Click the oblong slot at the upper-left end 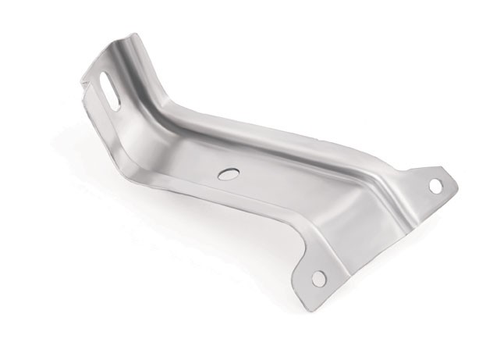tap(110, 91)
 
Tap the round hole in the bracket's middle tap(228, 174)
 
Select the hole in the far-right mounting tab tap(435, 186)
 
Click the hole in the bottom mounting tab tap(318, 278)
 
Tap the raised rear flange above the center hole tap(234, 133)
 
